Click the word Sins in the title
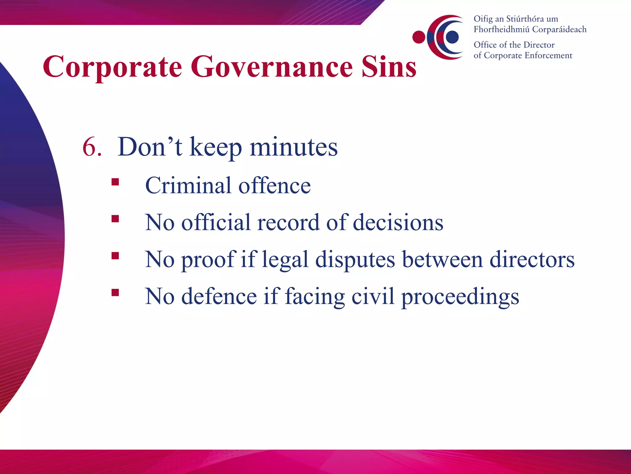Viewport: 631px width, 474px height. pyautogui.click(x=389, y=67)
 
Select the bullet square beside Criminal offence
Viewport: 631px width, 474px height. pyautogui.click(x=115, y=182)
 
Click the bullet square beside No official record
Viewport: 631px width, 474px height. pyautogui.click(x=115, y=219)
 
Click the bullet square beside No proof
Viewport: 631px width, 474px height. pyautogui.click(x=115, y=256)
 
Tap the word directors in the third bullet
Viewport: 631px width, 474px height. pyautogui.click(x=532, y=260)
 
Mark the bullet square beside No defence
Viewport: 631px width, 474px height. pyautogui.click(x=115, y=293)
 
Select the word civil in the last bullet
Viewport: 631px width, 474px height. pyautogui.click(x=372, y=297)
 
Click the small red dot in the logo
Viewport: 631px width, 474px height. pyautogui.click(x=419, y=37)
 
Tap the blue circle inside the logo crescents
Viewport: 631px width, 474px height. pyautogui.click(x=452, y=37)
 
